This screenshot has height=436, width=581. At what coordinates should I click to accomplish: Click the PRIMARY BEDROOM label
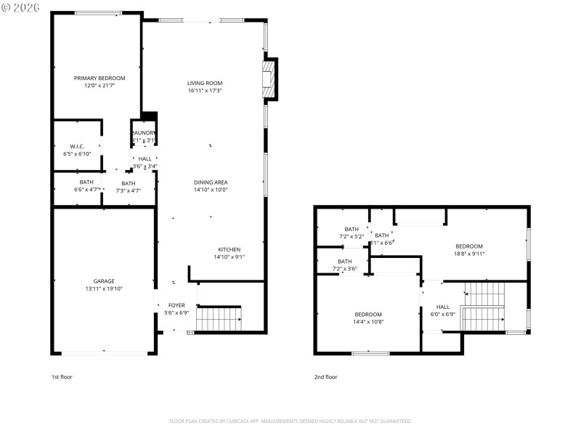(x=99, y=78)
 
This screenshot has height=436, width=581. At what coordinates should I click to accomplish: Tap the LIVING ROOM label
(x=205, y=83)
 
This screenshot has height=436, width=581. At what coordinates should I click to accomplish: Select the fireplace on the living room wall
(x=269, y=77)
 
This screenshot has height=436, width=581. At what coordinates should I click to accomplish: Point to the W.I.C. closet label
(x=77, y=146)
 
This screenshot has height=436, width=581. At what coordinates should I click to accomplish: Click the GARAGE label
(x=103, y=281)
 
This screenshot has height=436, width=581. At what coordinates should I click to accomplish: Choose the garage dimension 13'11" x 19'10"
(x=103, y=288)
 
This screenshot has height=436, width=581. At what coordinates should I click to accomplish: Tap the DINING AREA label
(x=211, y=182)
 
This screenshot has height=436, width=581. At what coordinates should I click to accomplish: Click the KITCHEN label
(x=229, y=249)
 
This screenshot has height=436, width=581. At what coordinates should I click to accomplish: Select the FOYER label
(x=177, y=305)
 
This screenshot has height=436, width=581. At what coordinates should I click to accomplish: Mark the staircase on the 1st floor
(x=219, y=318)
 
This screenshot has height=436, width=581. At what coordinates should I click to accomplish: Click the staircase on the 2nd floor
(x=483, y=306)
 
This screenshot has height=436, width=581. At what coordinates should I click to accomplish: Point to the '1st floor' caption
(x=62, y=377)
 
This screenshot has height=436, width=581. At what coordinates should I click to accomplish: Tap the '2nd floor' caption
(x=326, y=377)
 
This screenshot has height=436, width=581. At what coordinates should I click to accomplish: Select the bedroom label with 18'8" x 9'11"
(x=469, y=246)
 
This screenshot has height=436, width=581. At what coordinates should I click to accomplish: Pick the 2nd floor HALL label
(x=443, y=307)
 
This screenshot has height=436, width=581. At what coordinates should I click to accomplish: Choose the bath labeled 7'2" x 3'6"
(x=344, y=262)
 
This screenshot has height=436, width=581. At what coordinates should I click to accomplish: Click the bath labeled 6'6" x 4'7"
(x=86, y=182)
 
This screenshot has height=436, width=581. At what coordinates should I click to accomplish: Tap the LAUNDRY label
(x=144, y=132)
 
